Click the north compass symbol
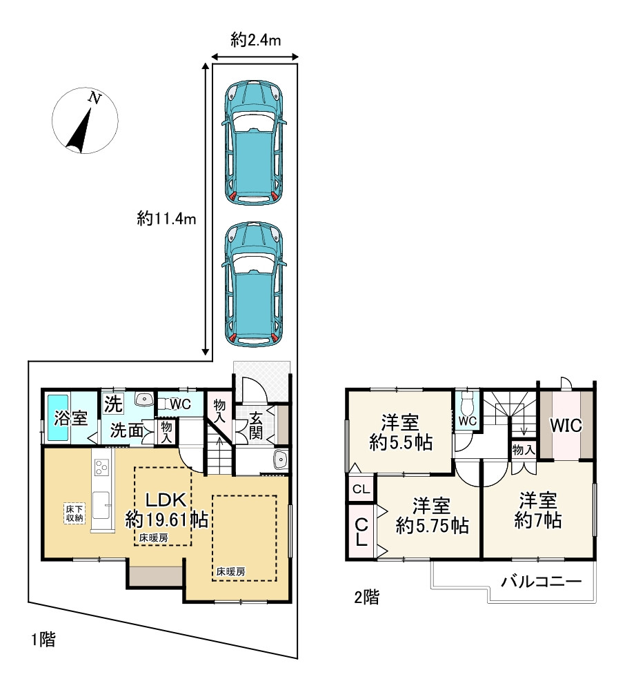(85, 121)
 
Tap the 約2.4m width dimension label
(255, 41)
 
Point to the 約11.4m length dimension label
(167, 219)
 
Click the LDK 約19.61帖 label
(166, 510)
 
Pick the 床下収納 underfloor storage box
(75, 513)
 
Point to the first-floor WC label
(180, 404)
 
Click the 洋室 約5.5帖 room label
(401, 433)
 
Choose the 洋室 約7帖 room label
(537, 510)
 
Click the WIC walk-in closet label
(566, 425)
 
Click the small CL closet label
(360, 490)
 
